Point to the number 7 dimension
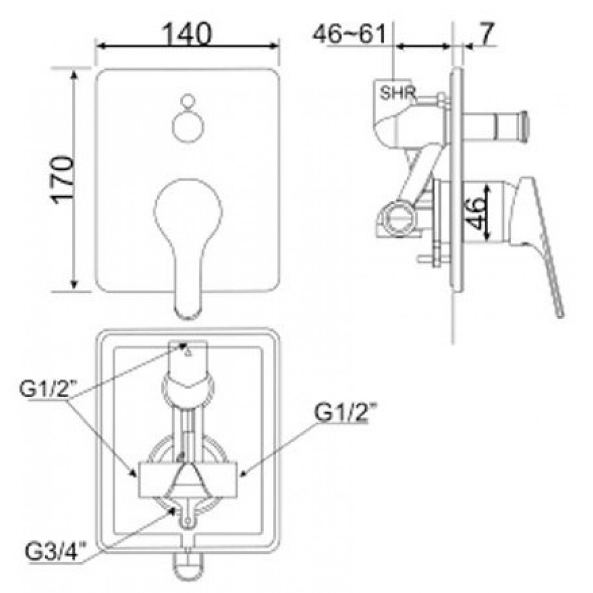tap(486, 34)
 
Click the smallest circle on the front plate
tap(187, 101)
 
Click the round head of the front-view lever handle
tap(188, 207)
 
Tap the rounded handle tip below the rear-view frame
tap(188, 577)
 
